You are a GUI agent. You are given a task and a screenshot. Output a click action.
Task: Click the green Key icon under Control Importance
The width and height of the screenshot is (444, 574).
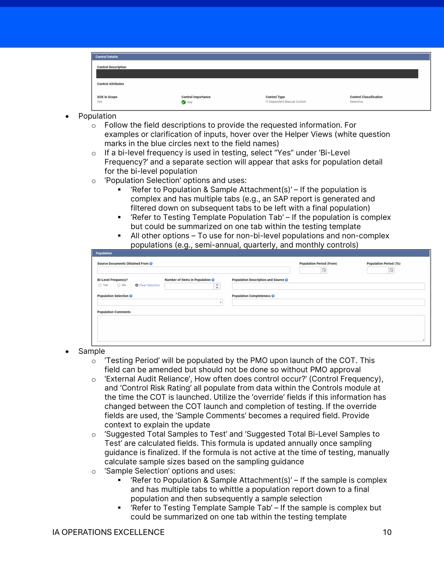(x=183, y=102)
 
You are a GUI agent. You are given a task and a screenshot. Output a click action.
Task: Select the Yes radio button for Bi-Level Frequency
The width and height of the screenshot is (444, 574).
(x=100, y=285)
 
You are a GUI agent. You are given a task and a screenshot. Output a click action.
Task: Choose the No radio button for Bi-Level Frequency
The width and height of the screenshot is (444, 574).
(x=119, y=285)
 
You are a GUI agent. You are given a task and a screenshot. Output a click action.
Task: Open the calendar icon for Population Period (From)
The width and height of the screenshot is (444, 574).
(x=324, y=270)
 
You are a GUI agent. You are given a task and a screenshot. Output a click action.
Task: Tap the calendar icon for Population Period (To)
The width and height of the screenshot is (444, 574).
(x=391, y=270)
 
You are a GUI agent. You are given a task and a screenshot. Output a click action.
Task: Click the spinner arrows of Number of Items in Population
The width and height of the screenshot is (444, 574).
(x=217, y=286)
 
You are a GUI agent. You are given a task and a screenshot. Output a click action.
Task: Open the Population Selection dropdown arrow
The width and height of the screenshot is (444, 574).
(x=220, y=303)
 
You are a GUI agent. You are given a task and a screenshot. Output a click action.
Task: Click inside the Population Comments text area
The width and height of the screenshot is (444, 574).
(x=261, y=328)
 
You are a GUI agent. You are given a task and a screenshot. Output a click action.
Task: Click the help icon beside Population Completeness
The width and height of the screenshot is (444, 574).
(x=273, y=296)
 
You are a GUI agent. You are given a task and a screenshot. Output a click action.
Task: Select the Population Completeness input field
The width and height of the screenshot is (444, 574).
(x=328, y=302)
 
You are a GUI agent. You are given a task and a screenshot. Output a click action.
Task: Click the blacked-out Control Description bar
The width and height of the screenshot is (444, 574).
(x=257, y=74)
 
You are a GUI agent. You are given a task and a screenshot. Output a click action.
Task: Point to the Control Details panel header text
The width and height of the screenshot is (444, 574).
(x=107, y=57)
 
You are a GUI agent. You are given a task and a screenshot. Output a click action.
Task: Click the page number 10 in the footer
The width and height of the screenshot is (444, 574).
(x=387, y=532)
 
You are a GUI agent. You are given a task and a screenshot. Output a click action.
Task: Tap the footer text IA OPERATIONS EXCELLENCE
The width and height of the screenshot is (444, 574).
(x=108, y=532)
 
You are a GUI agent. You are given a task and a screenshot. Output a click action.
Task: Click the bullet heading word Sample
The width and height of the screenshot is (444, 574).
(x=91, y=351)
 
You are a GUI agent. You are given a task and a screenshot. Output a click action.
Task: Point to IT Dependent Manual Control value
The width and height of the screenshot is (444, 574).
(x=286, y=102)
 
